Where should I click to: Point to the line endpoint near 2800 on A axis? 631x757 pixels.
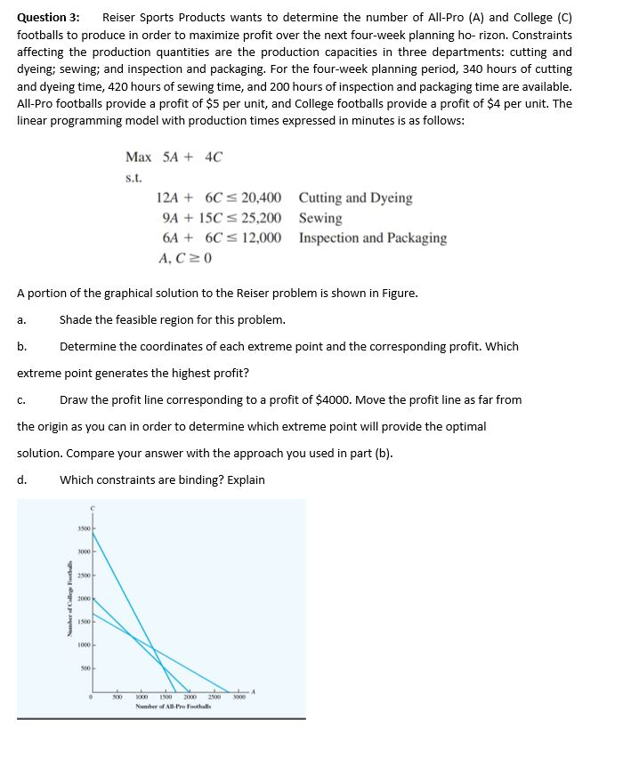(230, 691)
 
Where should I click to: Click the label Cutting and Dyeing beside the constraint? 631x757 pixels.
(355, 197)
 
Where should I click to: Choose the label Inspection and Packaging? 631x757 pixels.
(373, 238)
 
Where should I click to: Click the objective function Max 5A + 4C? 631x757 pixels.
(174, 157)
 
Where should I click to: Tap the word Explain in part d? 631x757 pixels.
(244, 479)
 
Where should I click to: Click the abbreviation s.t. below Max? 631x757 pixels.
(133, 178)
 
